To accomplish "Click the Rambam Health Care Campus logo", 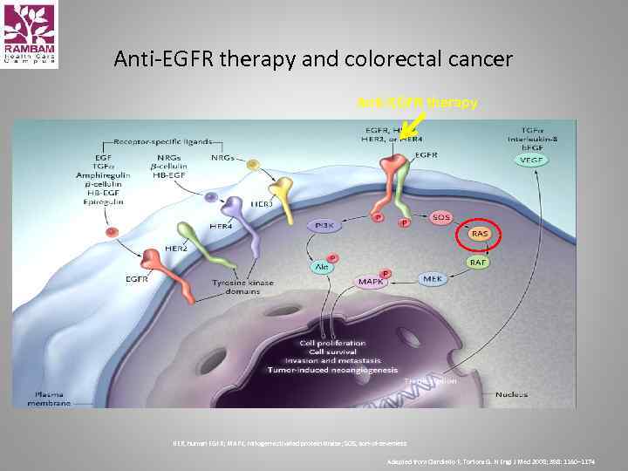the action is pos(30,35).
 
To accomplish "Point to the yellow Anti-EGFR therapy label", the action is pos(418,103).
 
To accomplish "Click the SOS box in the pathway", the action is pos(442,216).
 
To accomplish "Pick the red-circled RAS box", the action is pos(479,234).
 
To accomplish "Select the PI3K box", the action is pos(324,225).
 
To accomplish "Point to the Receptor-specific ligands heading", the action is pos(153,141).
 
